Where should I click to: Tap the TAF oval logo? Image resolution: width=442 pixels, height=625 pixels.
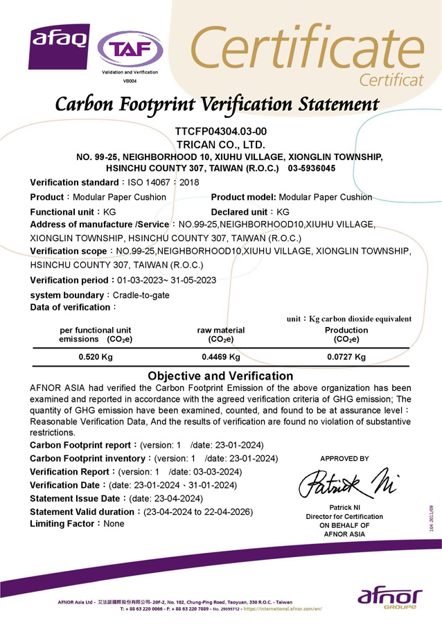[x=130, y=49]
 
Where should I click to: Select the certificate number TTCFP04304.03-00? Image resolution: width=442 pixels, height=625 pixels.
[x=220, y=132]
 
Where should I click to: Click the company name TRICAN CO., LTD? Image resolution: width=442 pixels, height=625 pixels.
[x=220, y=144]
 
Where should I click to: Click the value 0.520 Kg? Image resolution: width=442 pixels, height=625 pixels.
[x=96, y=357]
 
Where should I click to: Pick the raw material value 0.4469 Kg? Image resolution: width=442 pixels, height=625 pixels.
[x=220, y=357]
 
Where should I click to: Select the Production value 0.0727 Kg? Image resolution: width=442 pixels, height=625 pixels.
[x=346, y=357]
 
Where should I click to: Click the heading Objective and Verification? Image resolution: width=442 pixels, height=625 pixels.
[x=220, y=376]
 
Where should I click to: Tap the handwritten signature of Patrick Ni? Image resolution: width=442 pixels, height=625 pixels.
[x=347, y=482]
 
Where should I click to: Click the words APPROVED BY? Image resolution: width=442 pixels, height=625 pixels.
[x=344, y=459]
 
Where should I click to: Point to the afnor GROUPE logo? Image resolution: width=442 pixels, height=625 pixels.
[x=390, y=597]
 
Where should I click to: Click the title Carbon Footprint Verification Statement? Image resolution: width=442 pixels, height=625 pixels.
[x=217, y=105]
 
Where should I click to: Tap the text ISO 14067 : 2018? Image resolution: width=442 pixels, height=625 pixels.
[x=160, y=182]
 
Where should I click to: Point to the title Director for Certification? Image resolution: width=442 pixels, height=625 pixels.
[x=344, y=517]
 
